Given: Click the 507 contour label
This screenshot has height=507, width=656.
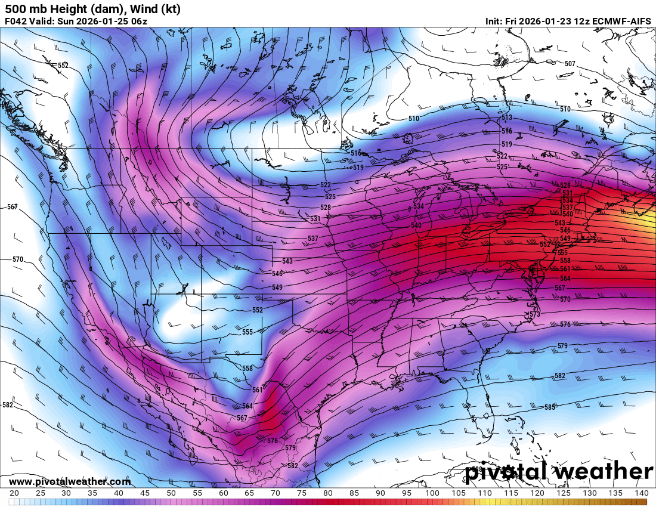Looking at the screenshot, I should (x=570, y=63).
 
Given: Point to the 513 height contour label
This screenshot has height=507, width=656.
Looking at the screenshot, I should (x=507, y=118).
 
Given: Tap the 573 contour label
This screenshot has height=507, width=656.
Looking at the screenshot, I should (x=534, y=314).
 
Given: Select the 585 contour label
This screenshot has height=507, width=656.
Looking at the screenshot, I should (x=549, y=407).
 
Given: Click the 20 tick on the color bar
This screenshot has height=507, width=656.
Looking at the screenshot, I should (x=14, y=493).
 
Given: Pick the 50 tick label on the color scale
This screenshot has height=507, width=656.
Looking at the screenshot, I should (x=171, y=493).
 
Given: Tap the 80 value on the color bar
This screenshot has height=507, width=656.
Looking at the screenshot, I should (x=327, y=493).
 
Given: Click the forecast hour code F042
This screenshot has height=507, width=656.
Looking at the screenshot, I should (x=16, y=21).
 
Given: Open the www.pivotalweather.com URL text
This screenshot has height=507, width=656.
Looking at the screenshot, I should (x=70, y=481).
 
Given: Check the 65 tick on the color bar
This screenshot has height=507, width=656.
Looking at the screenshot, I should (x=249, y=493).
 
